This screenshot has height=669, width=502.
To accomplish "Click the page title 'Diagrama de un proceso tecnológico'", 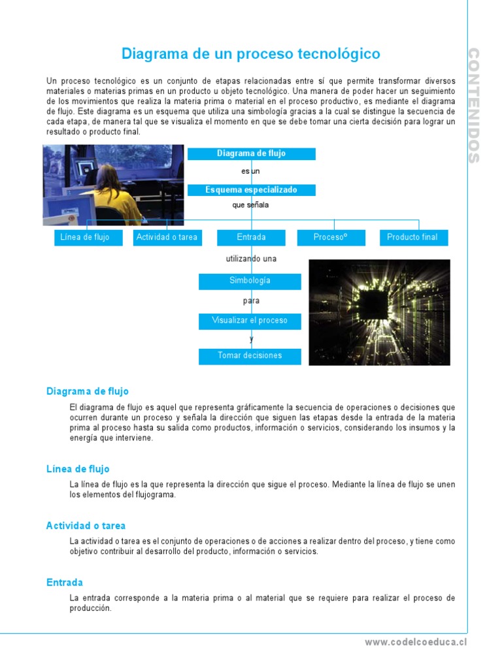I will point(251,54).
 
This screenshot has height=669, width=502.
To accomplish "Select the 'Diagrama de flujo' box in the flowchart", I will point(251,154).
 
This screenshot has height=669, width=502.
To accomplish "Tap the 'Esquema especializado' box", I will point(251,190).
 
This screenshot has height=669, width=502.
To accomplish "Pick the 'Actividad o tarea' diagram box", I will point(167,237).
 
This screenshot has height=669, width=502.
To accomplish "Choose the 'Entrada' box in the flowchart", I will point(251,237).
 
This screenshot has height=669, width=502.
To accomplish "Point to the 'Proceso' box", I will point(330,237).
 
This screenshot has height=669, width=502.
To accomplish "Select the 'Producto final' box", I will point(413,237).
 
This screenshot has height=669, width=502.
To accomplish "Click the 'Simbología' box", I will point(250,281).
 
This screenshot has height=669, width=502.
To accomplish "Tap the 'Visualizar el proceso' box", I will point(250,321).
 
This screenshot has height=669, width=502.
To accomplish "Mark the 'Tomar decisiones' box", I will point(250,356).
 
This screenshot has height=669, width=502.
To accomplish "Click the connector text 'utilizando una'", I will point(251,259).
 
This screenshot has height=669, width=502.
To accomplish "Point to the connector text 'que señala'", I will point(251,205).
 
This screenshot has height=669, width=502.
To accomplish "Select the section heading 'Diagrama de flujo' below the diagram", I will point(88,391).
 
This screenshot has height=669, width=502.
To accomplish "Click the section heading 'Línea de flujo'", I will point(78,469).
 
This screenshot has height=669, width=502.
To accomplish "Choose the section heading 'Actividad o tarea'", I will point(86,526).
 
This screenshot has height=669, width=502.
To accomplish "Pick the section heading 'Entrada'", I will point(65,582).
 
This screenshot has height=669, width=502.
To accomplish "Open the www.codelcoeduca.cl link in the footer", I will point(416,642).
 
